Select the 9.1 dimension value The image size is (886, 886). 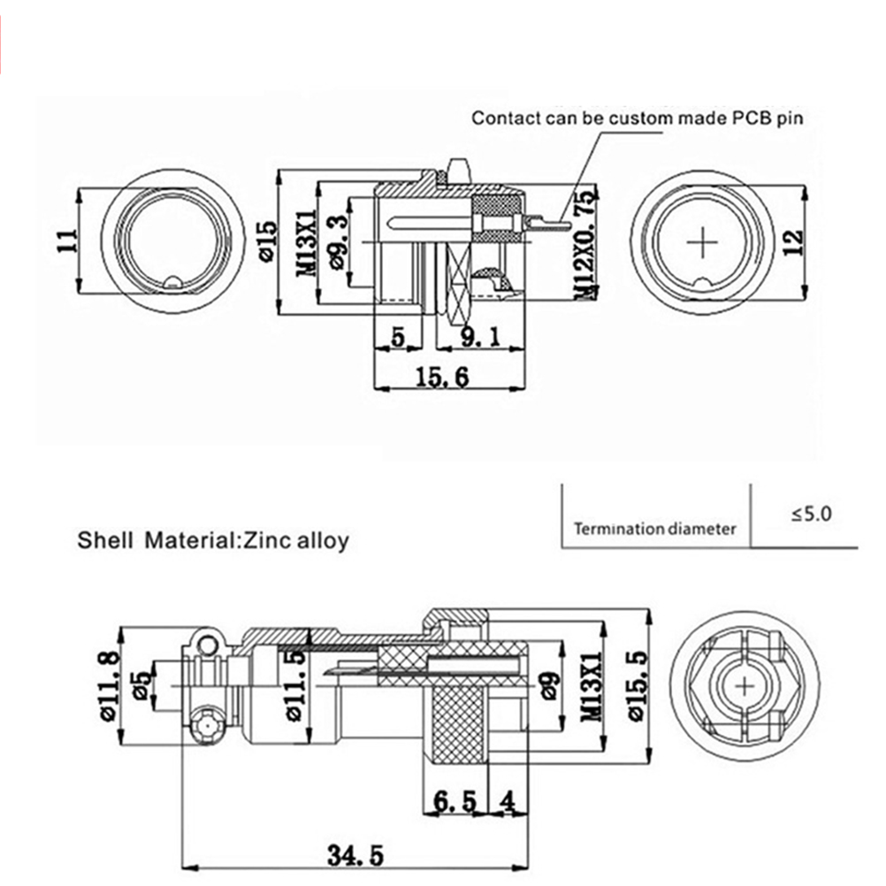479,337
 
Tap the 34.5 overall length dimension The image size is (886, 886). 355,856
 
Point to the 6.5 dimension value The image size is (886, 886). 454,802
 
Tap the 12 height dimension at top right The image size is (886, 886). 792,240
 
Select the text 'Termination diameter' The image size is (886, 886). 654,530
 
